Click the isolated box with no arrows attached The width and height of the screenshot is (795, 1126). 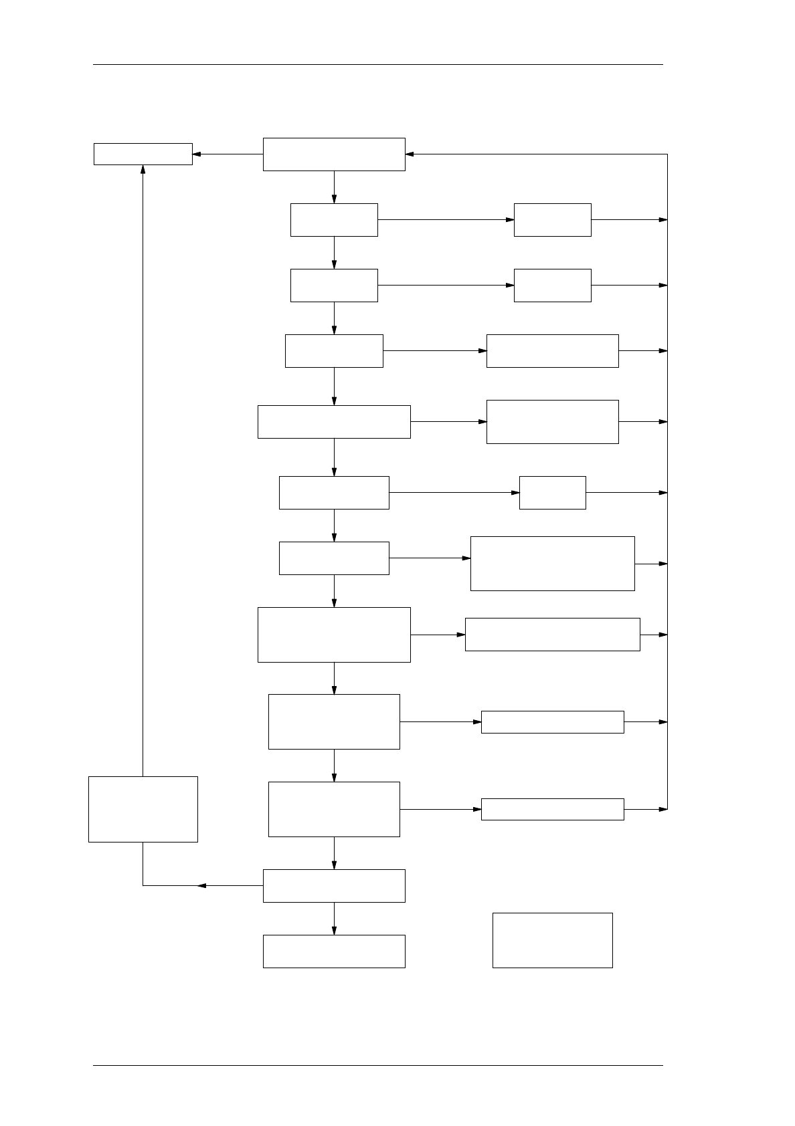[552, 939]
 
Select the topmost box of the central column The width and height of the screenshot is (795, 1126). [334, 154]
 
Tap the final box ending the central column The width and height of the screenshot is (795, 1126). [334, 951]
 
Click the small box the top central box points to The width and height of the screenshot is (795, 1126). [143, 154]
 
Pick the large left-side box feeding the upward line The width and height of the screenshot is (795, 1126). [143, 808]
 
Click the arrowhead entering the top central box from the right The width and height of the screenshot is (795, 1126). [410, 154]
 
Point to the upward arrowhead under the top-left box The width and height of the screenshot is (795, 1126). [143, 169]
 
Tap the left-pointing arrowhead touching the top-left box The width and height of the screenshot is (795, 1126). [197, 154]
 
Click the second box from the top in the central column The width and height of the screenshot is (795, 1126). [334, 219]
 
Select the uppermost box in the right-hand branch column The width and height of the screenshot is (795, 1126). [552, 219]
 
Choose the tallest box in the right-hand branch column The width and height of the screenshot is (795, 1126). [552, 563]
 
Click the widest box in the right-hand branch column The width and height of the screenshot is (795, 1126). [552, 634]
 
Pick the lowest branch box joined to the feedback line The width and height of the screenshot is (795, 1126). [552, 809]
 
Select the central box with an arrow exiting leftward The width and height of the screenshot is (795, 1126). [334, 885]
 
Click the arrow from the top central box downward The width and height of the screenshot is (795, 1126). [334, 187]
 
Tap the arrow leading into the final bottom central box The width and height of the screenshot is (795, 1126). [334, 919]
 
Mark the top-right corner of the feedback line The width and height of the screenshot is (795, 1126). [667, 154]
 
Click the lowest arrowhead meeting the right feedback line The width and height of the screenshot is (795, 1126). [663, 809]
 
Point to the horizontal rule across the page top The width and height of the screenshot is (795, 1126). [377, 65]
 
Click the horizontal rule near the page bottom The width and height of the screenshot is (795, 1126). [377, 1065]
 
